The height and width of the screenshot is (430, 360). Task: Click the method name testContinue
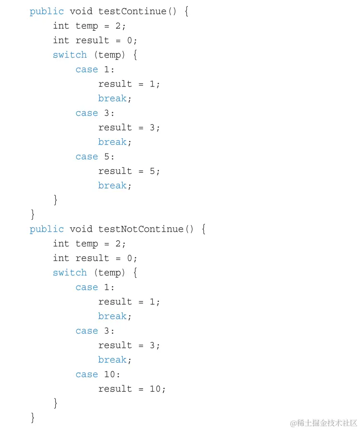(132, 12)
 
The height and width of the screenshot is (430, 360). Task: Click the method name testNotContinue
(141, 229)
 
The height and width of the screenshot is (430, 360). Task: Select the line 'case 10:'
(98, 374)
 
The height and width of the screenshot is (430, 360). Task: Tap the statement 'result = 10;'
(132, 389)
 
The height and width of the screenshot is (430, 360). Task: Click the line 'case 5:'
(95, 156)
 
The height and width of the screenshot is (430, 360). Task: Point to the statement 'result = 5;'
(129, 171)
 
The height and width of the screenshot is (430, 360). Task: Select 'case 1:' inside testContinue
(95, 70)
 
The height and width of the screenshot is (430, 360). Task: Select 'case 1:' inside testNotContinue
(95, 287)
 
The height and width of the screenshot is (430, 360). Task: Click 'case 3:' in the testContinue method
(95, 113)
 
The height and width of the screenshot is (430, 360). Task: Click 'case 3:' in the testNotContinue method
(95, 331)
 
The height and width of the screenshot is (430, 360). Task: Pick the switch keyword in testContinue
(70, 55)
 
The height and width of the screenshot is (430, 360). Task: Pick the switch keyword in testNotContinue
(70, 273)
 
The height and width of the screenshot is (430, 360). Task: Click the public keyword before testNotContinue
(47, 229)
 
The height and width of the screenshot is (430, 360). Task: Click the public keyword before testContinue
(47, 12)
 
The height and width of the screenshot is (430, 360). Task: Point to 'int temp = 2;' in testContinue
(89, 26)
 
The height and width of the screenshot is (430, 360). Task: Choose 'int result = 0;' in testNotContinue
(95, 258)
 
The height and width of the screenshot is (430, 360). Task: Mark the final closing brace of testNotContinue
(33, 417)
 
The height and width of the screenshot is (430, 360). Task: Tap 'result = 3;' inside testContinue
(129, 128)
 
